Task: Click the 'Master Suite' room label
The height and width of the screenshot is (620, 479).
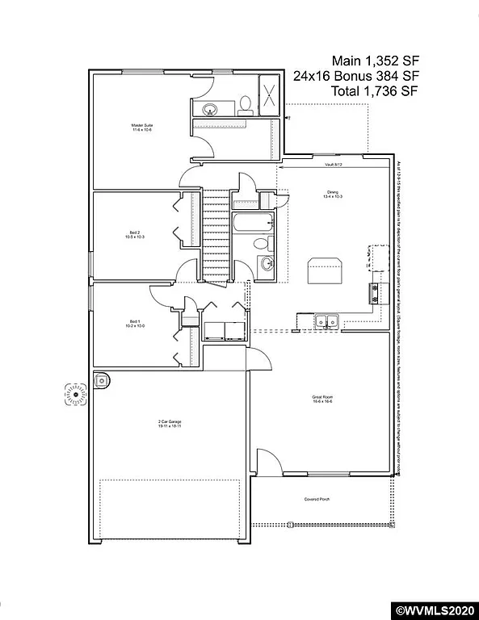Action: [143, 128]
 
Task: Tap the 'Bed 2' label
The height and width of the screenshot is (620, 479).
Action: [133, 235]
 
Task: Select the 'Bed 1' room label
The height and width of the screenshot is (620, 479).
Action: [134, 325]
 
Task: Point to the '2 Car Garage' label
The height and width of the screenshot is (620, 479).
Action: [169, 421]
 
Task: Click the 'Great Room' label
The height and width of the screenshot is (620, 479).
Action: [324, 399]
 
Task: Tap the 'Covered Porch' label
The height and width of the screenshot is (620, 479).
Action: [317, 499]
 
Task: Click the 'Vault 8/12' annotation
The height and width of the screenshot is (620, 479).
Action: [334, 164]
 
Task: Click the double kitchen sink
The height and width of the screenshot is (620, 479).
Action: [327, 321]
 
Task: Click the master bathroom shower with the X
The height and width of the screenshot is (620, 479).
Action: [269, 95]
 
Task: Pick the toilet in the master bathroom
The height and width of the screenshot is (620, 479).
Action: [245, 105]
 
